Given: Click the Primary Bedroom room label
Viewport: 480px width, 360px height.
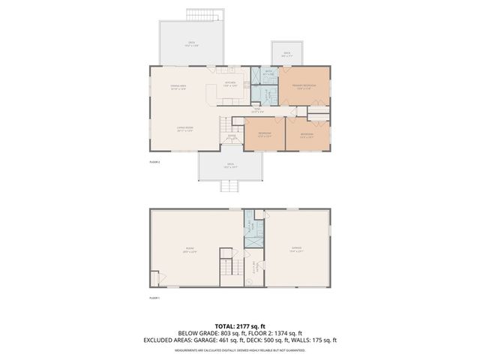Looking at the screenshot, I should pos(303,87).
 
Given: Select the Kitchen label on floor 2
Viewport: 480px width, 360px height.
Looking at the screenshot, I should pos(230,84).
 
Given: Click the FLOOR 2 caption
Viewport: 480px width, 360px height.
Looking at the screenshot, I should pos(154,162).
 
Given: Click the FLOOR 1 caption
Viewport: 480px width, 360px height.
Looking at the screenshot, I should pos(154,298).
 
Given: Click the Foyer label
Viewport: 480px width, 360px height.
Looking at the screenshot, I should pos(232,136).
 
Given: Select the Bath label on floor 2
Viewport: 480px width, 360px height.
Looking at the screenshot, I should pos(268,73).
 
